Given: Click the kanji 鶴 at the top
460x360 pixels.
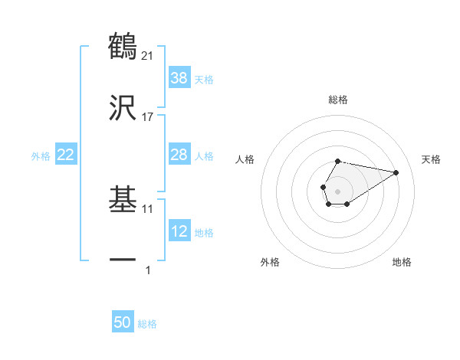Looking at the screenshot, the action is point(123,45).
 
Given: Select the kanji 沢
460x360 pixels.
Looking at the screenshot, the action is point(123,108).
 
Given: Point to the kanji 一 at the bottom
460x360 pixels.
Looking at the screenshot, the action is point(123,261).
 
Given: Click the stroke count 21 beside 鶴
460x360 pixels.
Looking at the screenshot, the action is point(148,55).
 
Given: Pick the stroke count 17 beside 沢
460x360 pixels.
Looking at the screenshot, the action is point(148,117).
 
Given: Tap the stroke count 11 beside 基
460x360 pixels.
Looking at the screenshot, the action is point(148,208).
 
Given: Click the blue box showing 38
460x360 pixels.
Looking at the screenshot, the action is point(179,77).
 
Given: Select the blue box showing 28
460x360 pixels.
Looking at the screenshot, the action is point(179,155).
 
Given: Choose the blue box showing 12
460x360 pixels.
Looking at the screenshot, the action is point(179,231).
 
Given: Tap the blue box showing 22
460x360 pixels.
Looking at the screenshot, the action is point(65,155).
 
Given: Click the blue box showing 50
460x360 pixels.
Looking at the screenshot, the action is point(123,322).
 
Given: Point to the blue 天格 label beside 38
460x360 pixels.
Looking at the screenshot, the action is point(204,79).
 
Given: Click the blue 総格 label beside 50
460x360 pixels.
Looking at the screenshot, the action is point(147,324).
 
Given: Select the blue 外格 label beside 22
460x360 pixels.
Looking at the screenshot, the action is point(41,156).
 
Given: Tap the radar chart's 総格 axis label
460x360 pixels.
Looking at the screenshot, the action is point(338,100).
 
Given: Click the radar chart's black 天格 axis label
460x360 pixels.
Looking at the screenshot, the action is point(431,159).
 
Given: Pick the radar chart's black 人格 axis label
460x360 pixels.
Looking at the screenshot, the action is point(245,159).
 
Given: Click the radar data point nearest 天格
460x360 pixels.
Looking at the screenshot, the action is point(396,172).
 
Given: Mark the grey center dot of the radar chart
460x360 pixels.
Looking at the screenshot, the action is point(337,189).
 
